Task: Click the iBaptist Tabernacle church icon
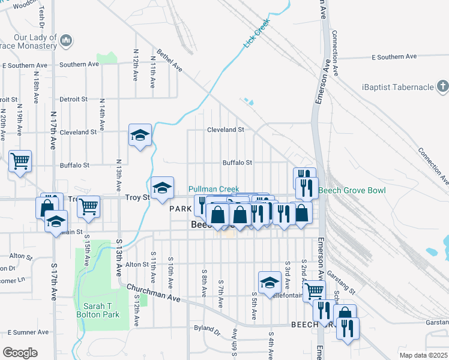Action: tap(442, 88)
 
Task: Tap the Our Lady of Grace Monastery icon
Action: tap(66, 41)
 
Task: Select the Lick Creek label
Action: tap(257, 34)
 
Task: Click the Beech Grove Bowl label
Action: tap(351, 191)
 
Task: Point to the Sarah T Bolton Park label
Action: tap(97, 310)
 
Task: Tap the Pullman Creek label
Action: tap(214, 189)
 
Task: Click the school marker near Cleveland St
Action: tap(140, 135)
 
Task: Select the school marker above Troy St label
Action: tap(162, 188)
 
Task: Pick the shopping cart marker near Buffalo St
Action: tap(20, 161)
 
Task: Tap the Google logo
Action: tap(20, 353)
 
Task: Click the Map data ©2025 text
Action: tap(423, 355)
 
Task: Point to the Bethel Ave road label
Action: tap(169, 60)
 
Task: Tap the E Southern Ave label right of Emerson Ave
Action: tap(394, 57)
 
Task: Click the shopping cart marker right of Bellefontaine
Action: tap(314, 292)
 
